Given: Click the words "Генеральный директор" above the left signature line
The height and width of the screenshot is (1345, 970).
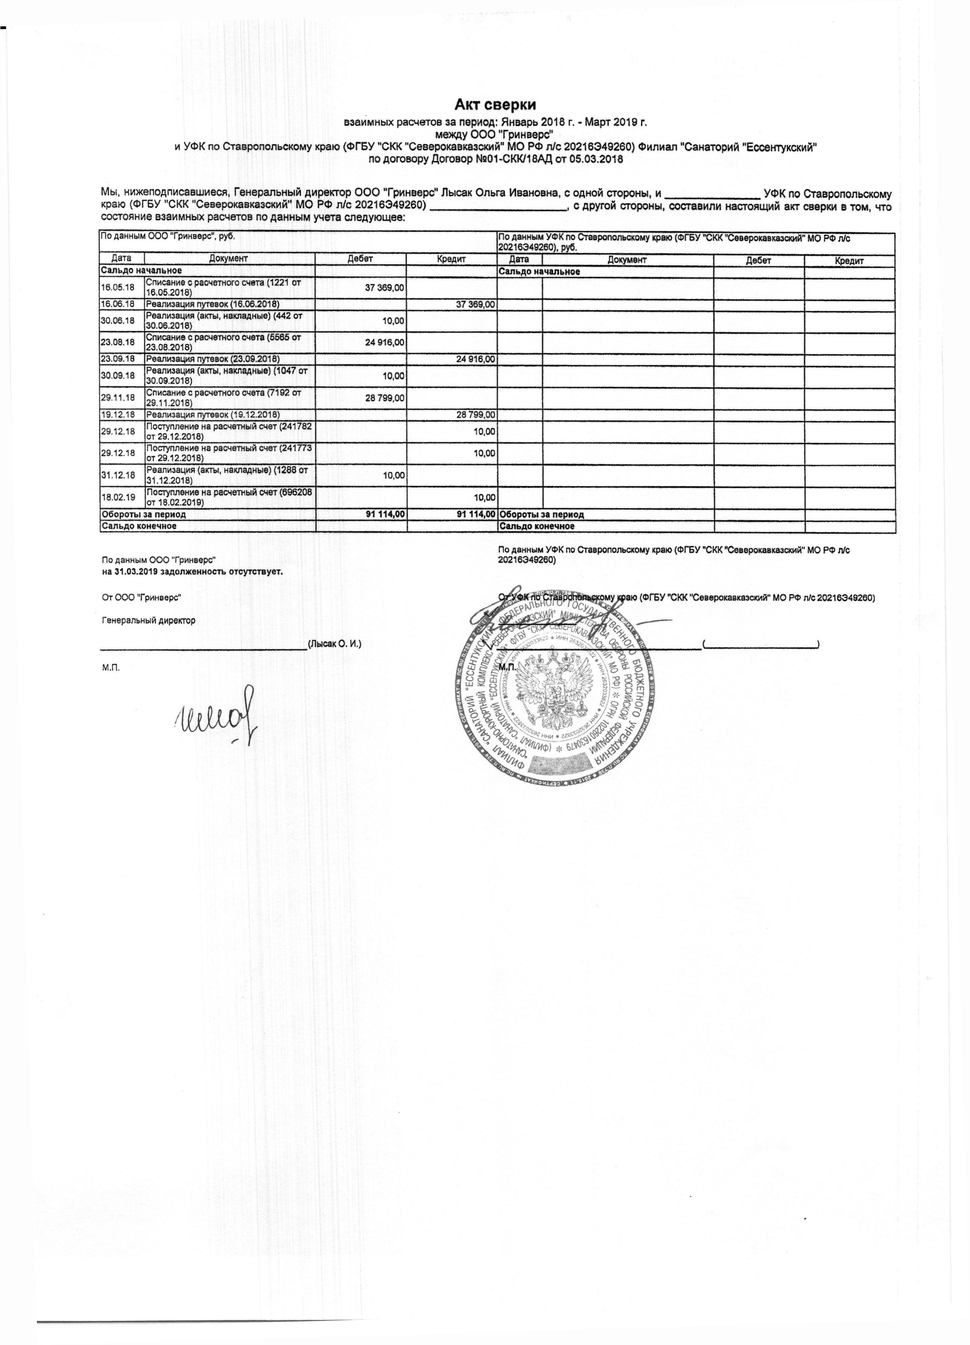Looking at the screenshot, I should click(x=148, y=620).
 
